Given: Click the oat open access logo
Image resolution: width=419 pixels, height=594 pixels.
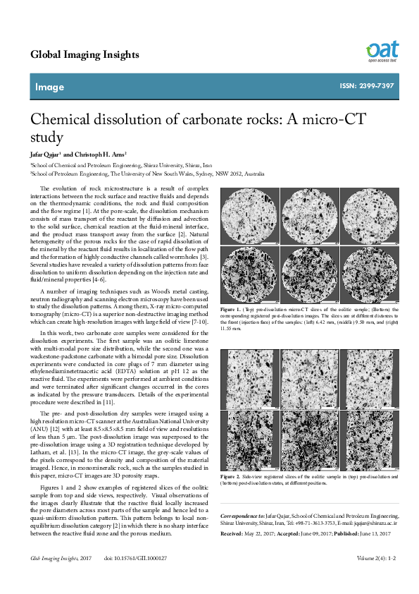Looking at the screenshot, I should (382, 51).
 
